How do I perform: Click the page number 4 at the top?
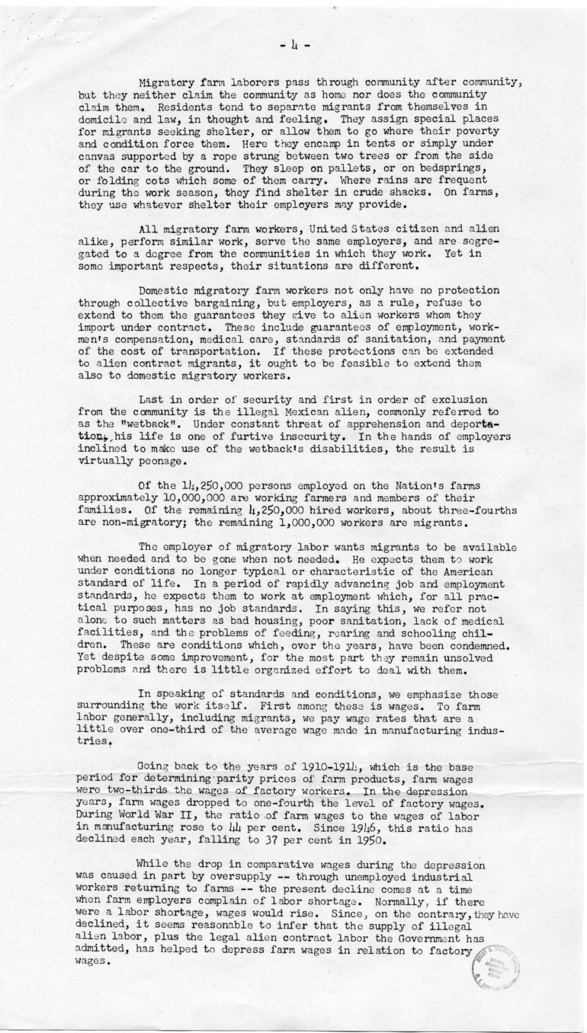293,46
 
